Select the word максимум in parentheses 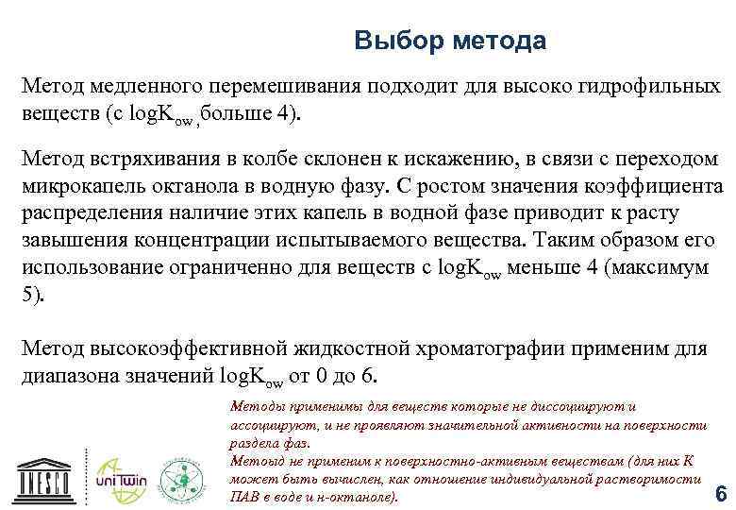click(661, 268)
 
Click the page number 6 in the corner click(721, 495)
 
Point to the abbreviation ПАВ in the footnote click(243, 497)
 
